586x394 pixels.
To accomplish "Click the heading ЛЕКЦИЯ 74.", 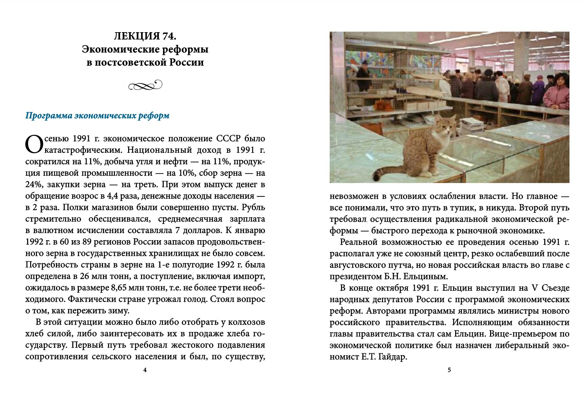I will (x=145, y=36).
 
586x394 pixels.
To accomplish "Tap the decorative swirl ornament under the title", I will (x=145, y=85).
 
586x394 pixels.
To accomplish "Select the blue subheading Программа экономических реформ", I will (x=97, y=116).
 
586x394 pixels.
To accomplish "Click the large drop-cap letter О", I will (x=34, y=144).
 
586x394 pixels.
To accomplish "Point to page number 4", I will (x=145, y=370).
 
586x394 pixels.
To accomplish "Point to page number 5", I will (x=449, y=370).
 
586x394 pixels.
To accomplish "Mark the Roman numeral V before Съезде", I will (x=534, y=288).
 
